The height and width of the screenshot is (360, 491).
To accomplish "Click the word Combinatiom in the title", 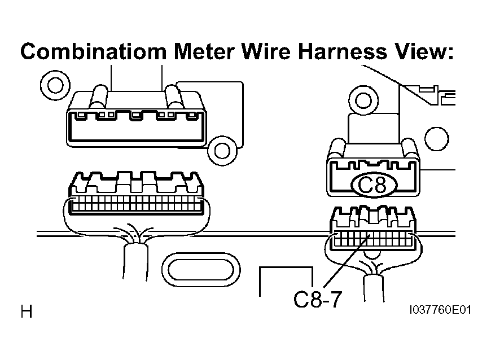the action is tap(93, 52).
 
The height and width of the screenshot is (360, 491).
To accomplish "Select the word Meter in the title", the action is tap(204, 52).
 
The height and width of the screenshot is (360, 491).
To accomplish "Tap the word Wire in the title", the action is tap(266, 52).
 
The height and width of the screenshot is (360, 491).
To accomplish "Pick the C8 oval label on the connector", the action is tap(372, 185).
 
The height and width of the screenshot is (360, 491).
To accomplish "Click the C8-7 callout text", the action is tap(317, 300).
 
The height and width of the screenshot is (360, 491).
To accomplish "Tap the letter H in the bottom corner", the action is tap(27, 311).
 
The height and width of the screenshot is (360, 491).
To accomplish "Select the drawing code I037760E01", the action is tap(440, 310).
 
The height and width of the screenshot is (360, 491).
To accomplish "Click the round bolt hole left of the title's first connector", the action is tap(55, 85).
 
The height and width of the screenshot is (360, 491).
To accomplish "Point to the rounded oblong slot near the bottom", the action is tap(201, 270).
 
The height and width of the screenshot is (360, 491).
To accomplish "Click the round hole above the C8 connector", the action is tap(363, 100).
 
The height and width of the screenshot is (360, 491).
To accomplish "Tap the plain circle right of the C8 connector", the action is tap(437, 139).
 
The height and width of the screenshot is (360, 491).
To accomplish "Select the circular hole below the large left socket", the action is tap(222, 151).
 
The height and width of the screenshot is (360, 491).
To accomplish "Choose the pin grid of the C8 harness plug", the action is tap(372, 239).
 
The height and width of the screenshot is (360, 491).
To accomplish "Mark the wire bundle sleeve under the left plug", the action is tap(135, 262).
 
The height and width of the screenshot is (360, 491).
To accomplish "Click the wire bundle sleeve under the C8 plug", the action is tap(374, 288).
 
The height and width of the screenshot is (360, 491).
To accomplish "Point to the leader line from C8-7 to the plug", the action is tap(347, 261).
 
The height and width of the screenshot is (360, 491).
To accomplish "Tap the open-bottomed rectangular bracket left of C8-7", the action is tap(286, 267).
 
